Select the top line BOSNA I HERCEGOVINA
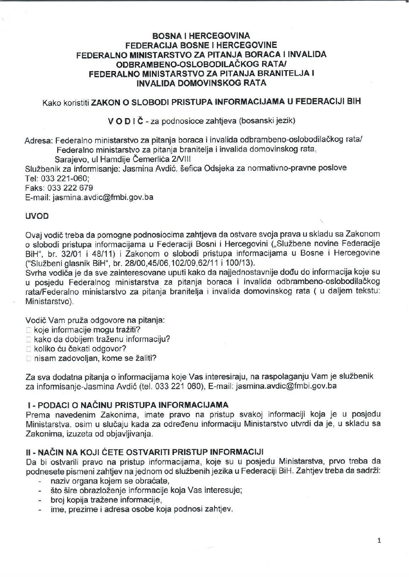tap(201, 36)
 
